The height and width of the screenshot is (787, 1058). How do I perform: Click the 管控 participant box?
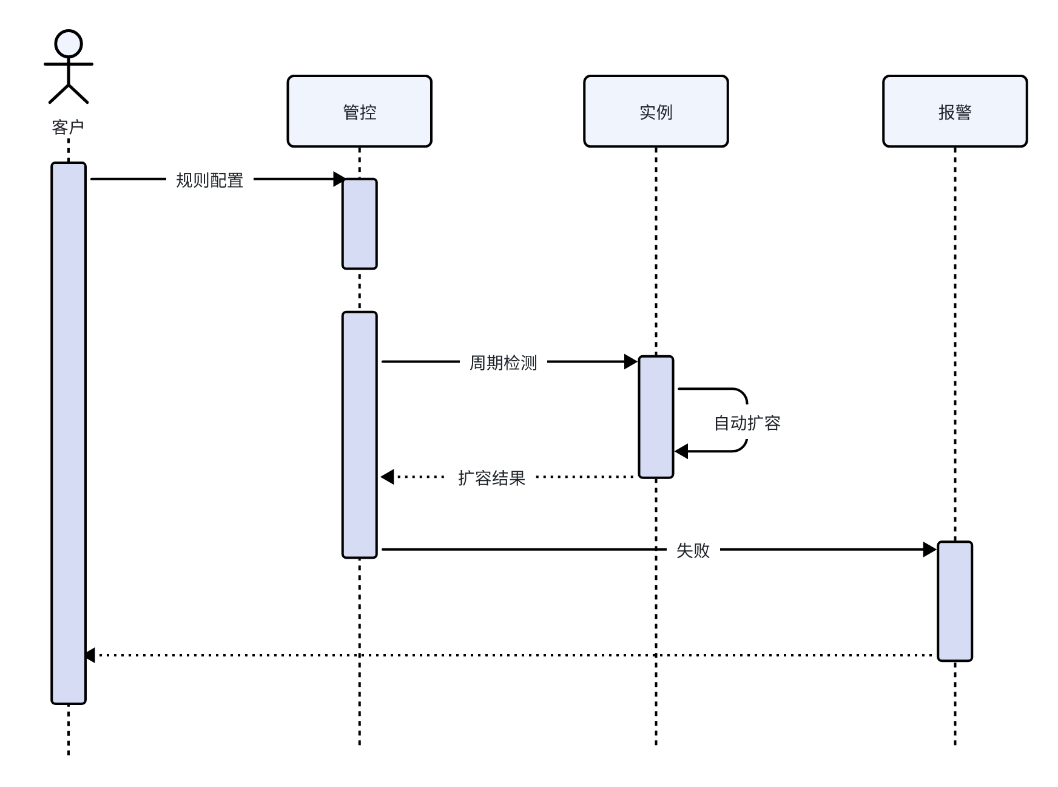point(359,111)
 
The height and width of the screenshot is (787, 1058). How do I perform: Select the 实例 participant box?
point(656,111)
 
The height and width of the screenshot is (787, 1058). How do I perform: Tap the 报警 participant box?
point(955,111)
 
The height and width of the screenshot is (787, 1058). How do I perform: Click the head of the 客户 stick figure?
point(69,44)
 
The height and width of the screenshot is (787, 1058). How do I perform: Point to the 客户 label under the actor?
point(68,128)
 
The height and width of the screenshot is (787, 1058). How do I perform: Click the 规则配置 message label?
point(209,180)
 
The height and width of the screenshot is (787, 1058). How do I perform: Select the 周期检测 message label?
point(503,363)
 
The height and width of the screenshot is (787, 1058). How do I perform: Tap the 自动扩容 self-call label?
point(747,423)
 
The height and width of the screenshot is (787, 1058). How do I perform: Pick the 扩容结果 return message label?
point(491,478)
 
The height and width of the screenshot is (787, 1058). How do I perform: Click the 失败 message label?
point(693,550)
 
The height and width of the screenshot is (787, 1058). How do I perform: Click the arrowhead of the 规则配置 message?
point(339,179)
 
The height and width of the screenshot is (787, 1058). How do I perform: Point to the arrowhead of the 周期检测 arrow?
point(631,362)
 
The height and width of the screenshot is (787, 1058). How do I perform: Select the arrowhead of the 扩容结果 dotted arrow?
point(387,477)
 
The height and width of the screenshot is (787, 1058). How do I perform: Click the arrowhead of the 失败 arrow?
point(929,550)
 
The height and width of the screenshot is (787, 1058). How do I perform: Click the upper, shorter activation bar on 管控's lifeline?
point(359,223)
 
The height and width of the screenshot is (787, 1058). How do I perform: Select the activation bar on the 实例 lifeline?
point(656,417)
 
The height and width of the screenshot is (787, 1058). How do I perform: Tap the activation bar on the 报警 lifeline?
point(955,601)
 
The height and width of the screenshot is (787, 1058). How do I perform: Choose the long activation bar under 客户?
point(69,432)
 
